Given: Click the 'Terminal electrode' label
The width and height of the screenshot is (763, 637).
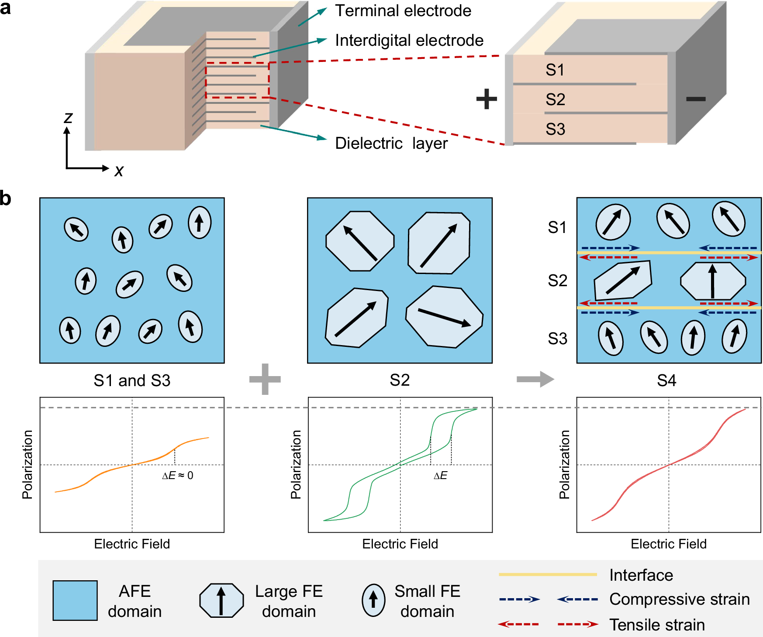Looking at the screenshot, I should pyautogui.click(x=403, y=11).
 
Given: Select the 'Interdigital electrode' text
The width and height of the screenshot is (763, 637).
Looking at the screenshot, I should pyautogui.click(x=409, y=41).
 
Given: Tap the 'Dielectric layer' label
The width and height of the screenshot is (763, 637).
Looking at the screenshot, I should pyautogui.click(x=391, y=143).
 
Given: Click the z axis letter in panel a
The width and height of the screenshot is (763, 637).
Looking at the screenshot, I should pyautogui.click(x=68, y=118).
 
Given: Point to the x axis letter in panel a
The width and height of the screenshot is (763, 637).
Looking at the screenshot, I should pyautogui.click(x=119, y=171).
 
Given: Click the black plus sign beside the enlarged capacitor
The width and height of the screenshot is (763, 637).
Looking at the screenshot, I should pyautogui.click(x=487, y=99).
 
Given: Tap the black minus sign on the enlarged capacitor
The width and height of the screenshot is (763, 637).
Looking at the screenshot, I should pyautogui.click(x=696, y=99).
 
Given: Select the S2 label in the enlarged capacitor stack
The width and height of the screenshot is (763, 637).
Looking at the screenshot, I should pyautogui.click(x=555, y=99).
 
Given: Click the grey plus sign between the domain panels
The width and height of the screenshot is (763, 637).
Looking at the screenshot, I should pyautogui.click(x=265, y=379).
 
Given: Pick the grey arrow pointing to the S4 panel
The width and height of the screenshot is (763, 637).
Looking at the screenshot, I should pyautogui.click(x=535, y=379).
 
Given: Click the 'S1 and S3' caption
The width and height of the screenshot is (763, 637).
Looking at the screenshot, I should pyautogui.click(x=132, y=380).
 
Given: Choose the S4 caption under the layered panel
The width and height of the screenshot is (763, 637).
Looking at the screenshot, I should pyautogui.click(x=666, y=380).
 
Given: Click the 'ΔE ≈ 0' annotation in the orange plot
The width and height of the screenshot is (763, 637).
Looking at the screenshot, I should pyautogui.click(x=177, y=476).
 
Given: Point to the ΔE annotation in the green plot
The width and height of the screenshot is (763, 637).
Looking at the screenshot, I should pyautogui.click(x=440, y=476).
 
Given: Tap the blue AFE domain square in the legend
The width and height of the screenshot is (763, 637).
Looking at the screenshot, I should pyautogui.click(x=75, y=600).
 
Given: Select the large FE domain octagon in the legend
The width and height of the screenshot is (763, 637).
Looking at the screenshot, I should pyautogui.click(x=221, y=600).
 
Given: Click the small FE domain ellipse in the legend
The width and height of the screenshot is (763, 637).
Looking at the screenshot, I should pyautogui.click(x=373, y=600).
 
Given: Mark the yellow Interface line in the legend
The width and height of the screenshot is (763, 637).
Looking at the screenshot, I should pyautogui.click(x=548, y=575).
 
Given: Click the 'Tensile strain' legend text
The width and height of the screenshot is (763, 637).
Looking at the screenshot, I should pyautogui.click(x=657, y=625).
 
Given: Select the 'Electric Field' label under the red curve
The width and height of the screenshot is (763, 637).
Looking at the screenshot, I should pyautogui.click(x=668, y=544).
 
